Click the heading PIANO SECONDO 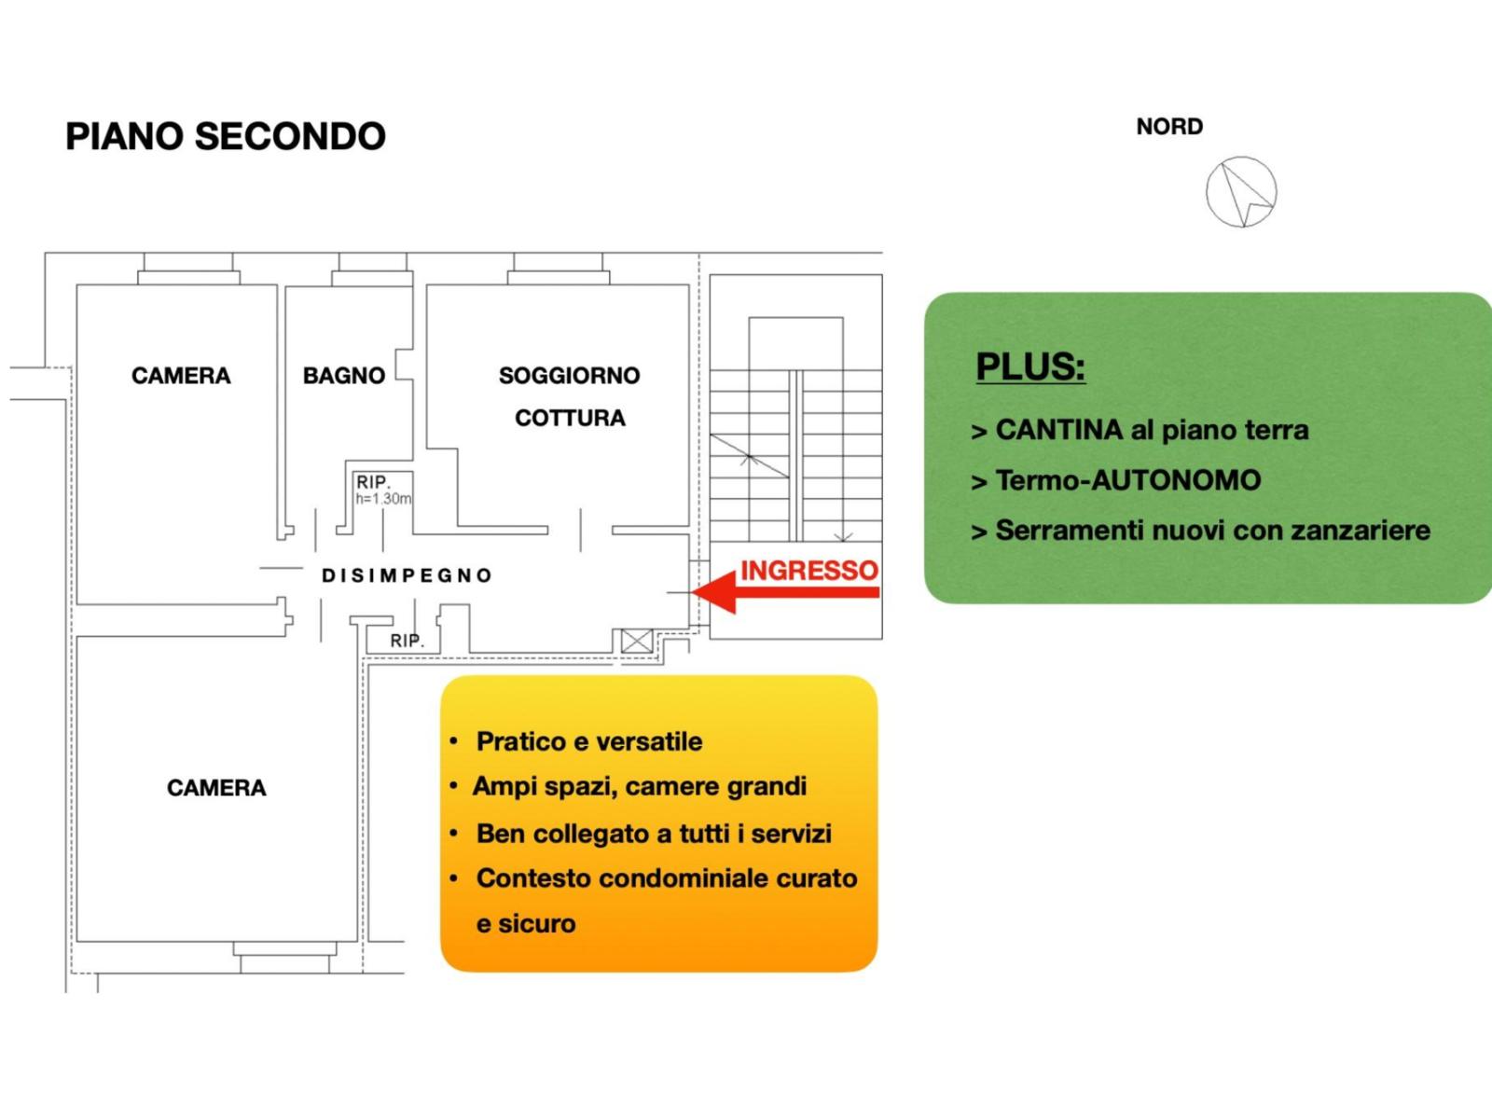point(225,136)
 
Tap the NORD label point(1168,126)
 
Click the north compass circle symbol point(1240,192)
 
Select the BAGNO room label point(343,376)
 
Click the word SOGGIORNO point(569,376)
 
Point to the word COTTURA point(570,418)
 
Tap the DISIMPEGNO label point(407,575)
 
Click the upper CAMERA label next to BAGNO point(180,376)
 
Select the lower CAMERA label point(215,788)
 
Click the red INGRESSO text point(808,570)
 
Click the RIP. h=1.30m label point(381,490)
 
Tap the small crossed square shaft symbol point(637,642)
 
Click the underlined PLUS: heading point(1029,366)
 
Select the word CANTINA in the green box point(1058,430)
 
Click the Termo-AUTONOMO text point(1127,480)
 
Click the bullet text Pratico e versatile point(588,741)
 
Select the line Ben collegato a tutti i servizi point(653,834)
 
